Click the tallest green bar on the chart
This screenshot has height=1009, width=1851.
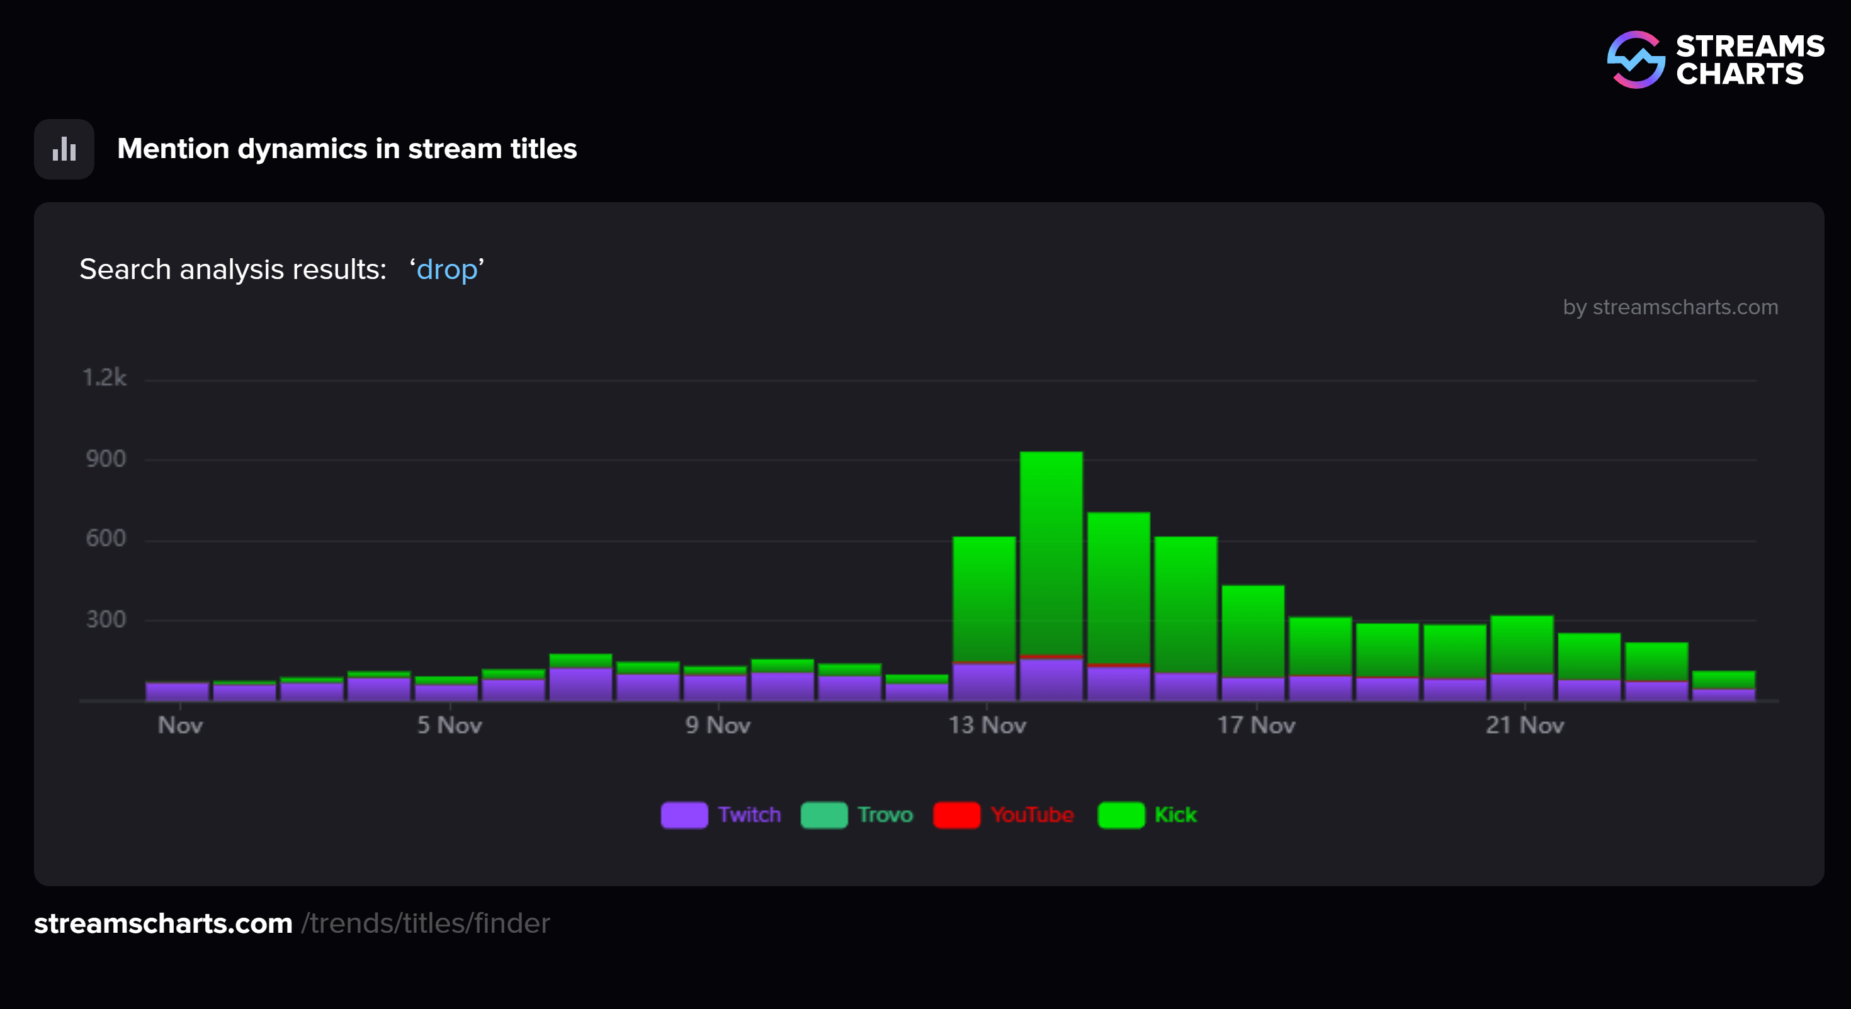coord(1051,554)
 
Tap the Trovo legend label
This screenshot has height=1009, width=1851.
coord(885,815)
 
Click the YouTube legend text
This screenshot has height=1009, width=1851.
coord(1032,815)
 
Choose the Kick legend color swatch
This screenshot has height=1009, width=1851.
coord(1121,815)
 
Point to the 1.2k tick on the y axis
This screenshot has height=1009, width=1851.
coord(105,378)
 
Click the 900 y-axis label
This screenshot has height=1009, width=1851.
coord(106,459)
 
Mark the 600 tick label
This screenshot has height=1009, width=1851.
coord(106,539)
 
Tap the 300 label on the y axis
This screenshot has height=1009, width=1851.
coord(106,620)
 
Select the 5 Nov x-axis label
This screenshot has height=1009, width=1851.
coord(450,725)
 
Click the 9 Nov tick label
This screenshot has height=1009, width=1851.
coord(718,725)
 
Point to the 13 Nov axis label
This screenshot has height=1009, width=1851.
coord(987,725)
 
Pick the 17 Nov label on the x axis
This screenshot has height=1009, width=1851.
coord(1256,725)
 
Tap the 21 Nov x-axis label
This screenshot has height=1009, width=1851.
coord(1525,725)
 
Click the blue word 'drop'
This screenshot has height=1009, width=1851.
coord(446,270)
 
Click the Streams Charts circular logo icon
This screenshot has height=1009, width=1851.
coord(1636,60)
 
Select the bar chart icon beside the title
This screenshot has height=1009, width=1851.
coord(64,149)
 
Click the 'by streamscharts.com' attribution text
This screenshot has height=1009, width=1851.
coord(1670,307)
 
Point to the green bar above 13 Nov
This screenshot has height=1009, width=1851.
coord(983,598)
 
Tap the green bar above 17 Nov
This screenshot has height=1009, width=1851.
coord(1252,631)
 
